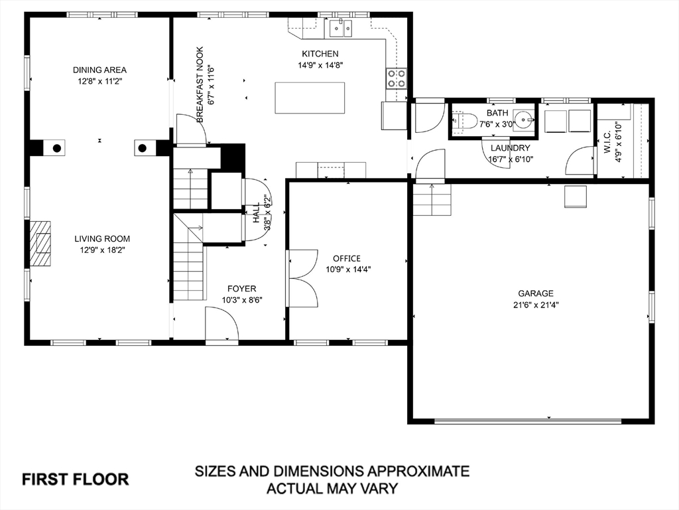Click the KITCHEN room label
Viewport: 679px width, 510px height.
(x=320, y=54)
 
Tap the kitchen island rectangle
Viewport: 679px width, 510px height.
(x=310, y=98)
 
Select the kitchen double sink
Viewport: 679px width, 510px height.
(x=341, y=29)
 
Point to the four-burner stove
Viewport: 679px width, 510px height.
(x=397, y=78)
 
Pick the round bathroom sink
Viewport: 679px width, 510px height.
(x=524, y=118)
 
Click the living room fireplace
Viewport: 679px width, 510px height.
(x=40, y=243)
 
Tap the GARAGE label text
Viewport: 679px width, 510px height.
(x=536, y=294)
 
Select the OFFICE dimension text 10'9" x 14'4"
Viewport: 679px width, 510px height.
(x=348, y=270)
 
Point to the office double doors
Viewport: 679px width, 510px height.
(x=302, y=278)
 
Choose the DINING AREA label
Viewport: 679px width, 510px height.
(x=99, y=70)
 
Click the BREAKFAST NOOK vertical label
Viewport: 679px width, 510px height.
(x=200, y=84)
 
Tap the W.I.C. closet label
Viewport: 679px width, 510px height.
(x=607, y=143)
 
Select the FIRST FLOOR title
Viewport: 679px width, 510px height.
(x=76, y=479)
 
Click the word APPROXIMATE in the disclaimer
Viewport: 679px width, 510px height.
(x=418, y=471)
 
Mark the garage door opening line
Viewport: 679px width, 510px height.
(x=528, y=420)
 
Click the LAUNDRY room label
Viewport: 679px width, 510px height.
(x=510, y=148)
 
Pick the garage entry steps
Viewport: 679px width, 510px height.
(x=432, y=199)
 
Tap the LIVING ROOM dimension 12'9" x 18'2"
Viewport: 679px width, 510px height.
(x=102, y=250)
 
